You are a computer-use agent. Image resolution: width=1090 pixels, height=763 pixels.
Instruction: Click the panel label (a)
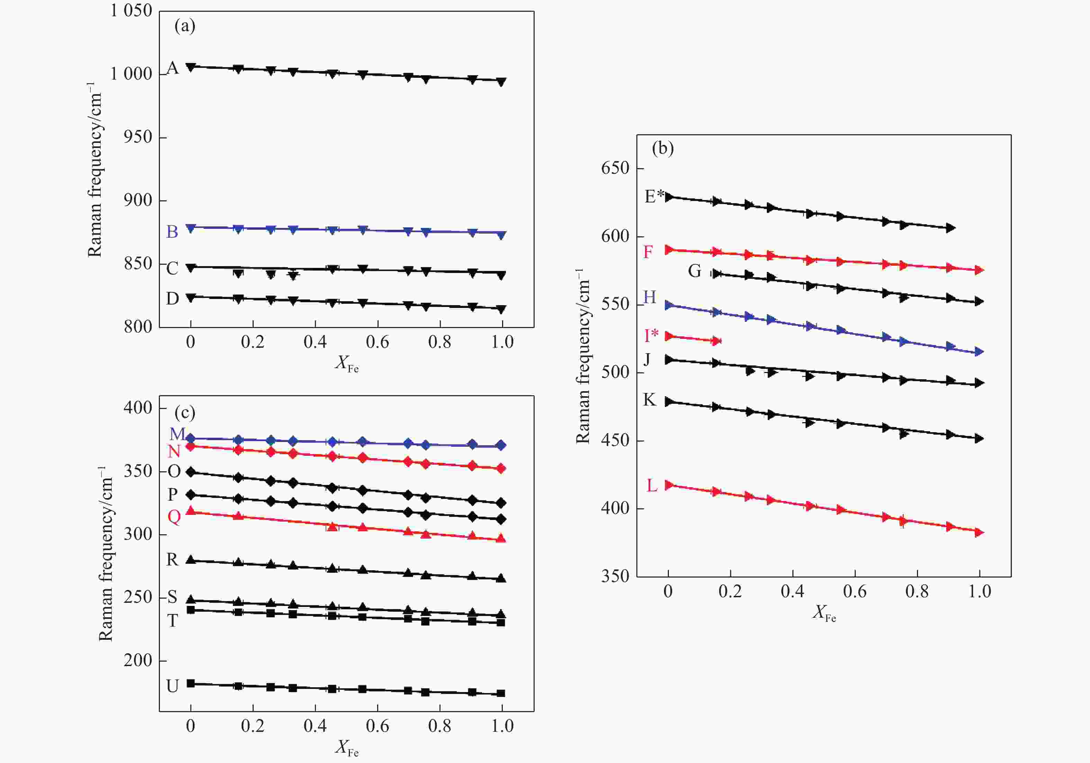(185, 26)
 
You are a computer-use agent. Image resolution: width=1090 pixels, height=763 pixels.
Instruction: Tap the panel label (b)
(663, 148)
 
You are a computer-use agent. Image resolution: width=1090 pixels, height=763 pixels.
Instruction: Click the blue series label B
(172, 232)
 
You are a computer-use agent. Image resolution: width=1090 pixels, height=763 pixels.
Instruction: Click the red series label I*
(651, 335)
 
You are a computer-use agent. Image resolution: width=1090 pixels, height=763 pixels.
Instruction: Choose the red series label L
(652, 485)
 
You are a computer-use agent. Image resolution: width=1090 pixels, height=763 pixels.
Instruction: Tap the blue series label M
(177, 434)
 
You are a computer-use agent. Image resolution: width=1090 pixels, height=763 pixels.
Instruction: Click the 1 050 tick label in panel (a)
(131, 10)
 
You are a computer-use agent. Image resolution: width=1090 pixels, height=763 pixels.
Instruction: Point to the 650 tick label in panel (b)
(615, 168)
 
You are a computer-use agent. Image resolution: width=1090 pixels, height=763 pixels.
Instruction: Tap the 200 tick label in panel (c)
(138, 661)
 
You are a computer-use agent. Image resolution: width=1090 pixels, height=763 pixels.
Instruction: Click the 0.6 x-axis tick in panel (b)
(855, 592)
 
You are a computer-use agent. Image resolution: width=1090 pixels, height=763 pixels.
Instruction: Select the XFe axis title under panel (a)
(347, 364)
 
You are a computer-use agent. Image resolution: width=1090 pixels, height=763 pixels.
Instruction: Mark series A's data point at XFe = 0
(191, 67)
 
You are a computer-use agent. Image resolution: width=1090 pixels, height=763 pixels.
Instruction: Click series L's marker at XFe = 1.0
(979, 532)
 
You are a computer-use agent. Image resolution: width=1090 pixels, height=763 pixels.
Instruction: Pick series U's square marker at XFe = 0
(191, 683)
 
